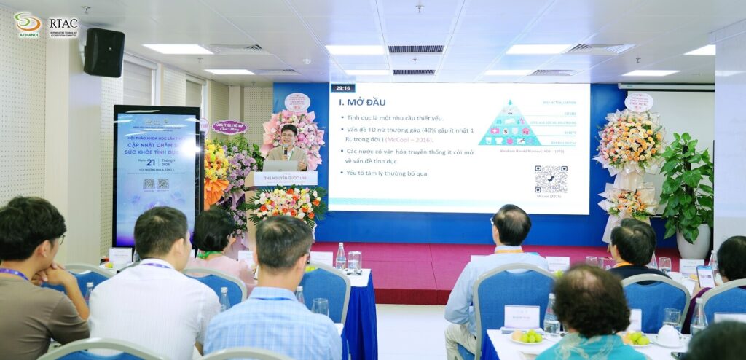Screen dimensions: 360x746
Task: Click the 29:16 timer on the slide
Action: (342, 88)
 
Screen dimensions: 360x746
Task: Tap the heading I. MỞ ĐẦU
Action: (362, 102)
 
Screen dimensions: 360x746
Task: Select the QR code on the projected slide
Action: (550, 179)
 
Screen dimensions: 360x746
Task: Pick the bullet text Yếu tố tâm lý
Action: (388, 173)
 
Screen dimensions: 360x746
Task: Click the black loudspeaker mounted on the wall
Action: (103, 52)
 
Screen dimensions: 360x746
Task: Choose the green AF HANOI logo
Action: (28, 25)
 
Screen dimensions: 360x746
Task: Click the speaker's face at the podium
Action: (288, 136)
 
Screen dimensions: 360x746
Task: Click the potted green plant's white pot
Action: (692, 241)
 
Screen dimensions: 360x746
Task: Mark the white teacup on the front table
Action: (667, 334)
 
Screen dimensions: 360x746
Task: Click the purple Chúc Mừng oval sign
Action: (229, 128)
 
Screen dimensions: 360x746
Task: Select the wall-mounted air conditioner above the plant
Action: (666, 86)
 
